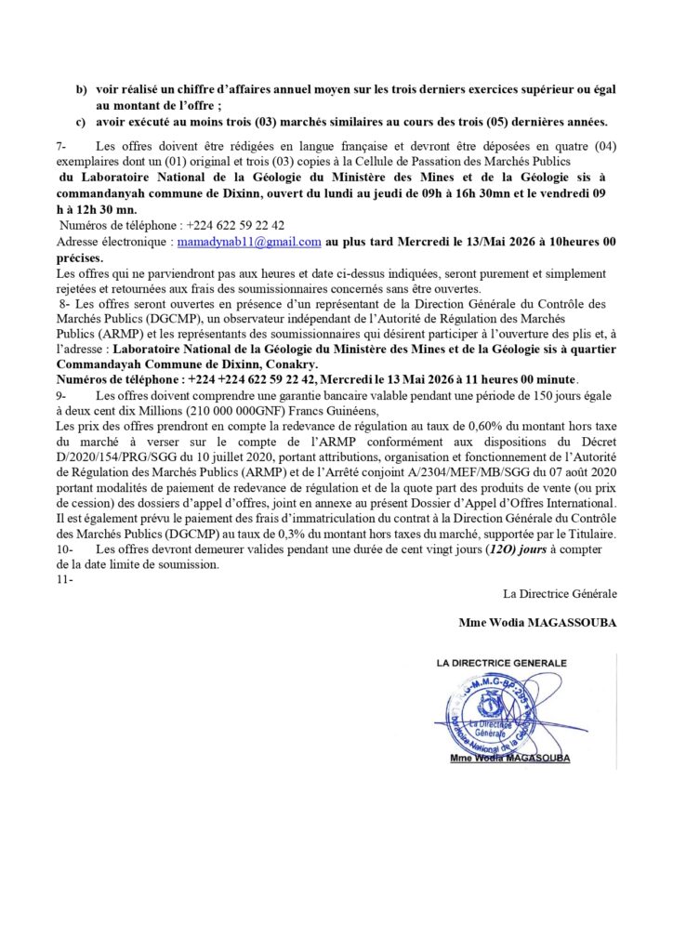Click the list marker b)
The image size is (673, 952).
[x=81, y=88]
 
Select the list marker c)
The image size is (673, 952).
[x=81, y=122]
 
